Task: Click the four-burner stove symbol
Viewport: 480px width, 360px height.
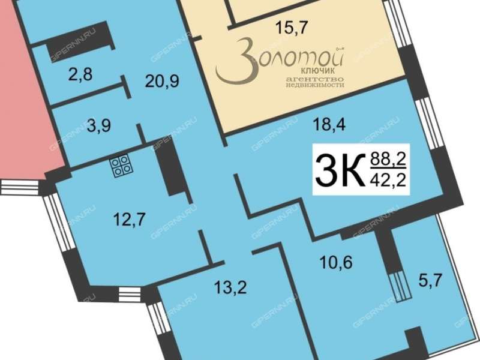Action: pos(122,166)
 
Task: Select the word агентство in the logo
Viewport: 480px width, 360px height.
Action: pos(314,79)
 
